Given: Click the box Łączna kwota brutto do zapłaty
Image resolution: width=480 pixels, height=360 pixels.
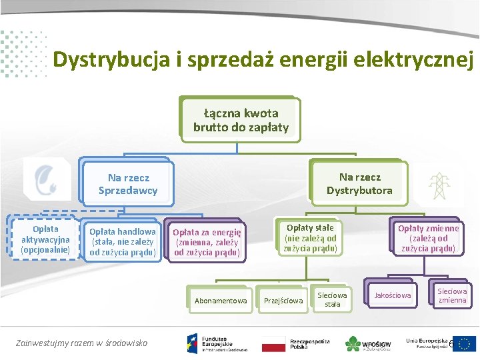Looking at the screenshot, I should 241,120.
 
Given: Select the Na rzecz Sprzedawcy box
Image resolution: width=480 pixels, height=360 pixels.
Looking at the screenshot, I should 128,184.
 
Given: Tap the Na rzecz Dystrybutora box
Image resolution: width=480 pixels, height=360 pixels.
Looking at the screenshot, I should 359,183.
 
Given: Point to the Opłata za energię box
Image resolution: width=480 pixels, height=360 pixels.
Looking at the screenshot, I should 207,242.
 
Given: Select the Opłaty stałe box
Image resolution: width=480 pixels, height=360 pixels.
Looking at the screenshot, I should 310,238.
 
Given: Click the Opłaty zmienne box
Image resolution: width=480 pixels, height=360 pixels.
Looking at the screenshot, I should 428,238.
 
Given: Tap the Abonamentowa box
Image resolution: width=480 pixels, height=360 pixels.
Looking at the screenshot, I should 220,301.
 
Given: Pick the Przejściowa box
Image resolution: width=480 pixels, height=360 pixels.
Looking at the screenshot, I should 284,301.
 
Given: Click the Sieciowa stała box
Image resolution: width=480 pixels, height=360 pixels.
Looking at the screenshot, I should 332,299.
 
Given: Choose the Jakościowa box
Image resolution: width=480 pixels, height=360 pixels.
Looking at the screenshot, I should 393,295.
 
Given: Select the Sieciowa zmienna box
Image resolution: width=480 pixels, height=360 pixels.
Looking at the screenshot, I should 452,295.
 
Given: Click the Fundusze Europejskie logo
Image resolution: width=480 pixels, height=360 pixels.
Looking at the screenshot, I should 217,342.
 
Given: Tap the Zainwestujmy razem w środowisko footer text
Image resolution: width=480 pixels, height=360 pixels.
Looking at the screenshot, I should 81,343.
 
